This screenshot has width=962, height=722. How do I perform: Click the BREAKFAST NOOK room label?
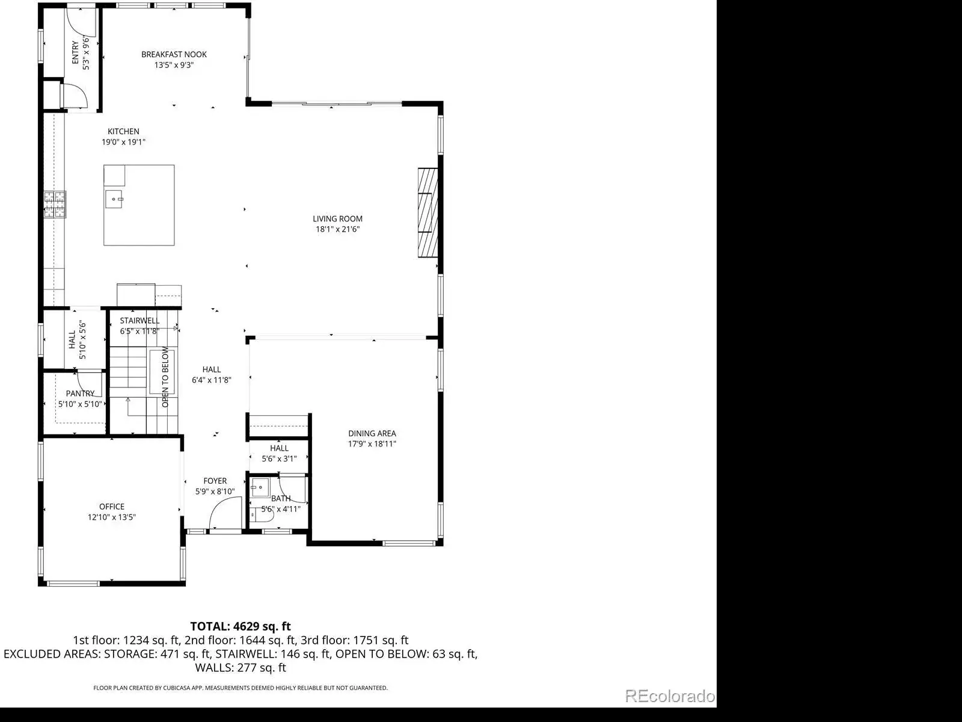174,54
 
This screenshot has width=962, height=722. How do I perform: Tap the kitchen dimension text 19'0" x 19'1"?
124,142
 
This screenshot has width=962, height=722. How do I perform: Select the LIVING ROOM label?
337,219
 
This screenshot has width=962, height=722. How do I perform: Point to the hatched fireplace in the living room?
427,212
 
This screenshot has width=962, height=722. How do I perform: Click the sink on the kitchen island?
114,200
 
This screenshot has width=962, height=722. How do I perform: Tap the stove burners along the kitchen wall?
55,205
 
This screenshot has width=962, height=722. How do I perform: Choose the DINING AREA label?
372,434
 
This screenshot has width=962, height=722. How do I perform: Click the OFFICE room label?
112,507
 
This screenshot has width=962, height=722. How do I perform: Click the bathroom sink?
260,487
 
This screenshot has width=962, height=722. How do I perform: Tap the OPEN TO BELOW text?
165,377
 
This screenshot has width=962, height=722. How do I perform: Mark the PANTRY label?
80,393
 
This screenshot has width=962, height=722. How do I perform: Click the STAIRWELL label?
140,321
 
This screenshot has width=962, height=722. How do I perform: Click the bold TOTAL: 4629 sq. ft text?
240,626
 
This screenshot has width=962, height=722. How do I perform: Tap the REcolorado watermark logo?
670,696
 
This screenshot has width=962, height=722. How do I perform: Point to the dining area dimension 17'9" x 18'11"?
372,444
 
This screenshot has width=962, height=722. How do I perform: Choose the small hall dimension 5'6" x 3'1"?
279,459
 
